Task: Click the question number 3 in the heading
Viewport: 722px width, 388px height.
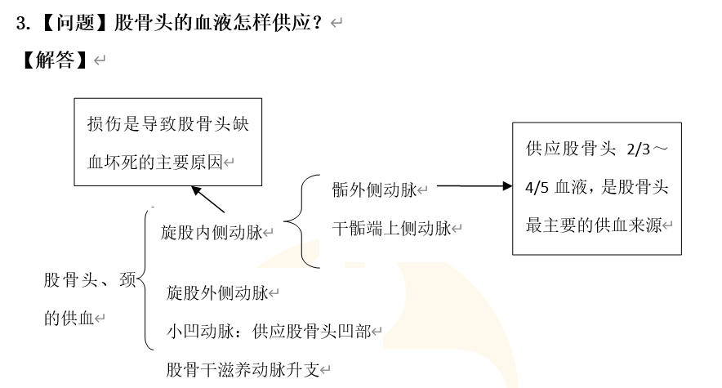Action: pyautogui.click(x=22, y=23)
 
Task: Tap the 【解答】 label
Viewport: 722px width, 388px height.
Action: pyautogui.click(x=55, y=60)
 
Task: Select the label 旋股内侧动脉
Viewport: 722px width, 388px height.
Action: pyautogui.click(x=212, y=233)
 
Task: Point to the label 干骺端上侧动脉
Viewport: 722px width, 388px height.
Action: pyautogui.click(x=392, y=229)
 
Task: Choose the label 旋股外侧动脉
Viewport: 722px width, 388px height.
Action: pyautogui.click(x=217, y=292)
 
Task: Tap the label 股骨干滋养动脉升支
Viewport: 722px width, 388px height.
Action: pyautogui.click(x=243, y=369)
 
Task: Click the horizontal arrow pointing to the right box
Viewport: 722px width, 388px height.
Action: pyautogui.click(x=474, y=185)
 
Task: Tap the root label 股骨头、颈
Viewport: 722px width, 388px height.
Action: pyautogui.click(x=90, y=280)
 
